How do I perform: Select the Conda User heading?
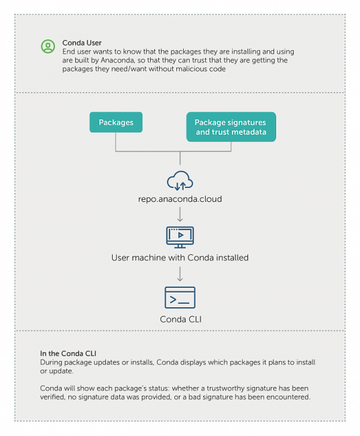(82, 43)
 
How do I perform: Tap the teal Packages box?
(116, 122)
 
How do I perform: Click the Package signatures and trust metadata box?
(231, 127)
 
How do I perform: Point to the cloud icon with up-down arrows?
(180, 180)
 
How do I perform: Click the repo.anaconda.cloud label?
(180, 199)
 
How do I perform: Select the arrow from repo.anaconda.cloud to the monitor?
(180, 214)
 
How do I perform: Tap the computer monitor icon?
(180, 237)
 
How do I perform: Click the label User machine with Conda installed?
(180, 258)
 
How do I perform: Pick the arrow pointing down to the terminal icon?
(180, 274)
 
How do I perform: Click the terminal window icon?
(180, 298)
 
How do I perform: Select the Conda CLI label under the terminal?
(181, 319)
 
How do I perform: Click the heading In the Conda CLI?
(68, 353)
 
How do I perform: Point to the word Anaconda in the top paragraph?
(117, 60)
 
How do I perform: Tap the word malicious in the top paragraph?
(192, 69)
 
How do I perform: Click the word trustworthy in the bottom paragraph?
(225, 388)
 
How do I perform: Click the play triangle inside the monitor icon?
(181, 235)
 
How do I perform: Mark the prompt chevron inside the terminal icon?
(173, 299)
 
